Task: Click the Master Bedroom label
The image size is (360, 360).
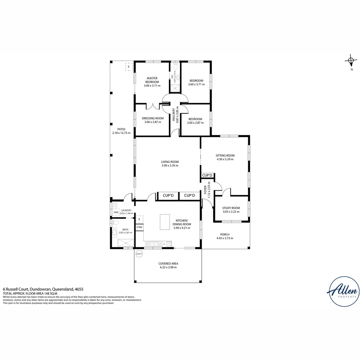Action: tap(152, 80)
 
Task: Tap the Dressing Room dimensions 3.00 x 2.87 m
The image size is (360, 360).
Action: tap(153, 122)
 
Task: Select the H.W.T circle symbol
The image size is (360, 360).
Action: tap(139, 254)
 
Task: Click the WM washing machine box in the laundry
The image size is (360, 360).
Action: tap(116, 212)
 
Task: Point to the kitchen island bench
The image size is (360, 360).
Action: tap(165, 222)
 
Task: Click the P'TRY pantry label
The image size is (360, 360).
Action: tap(139, 228)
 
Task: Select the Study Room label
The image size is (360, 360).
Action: tap(231, 208)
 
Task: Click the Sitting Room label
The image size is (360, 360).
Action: tap(225, 155)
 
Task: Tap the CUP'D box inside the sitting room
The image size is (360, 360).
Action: tap(207, 175)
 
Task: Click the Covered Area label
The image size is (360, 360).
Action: tap(168, 263)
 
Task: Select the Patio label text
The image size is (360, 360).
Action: tap(121, 129)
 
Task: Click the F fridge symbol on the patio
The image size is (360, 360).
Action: tap(129, 67)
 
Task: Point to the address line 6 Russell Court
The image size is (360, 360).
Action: tap(43, 289)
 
